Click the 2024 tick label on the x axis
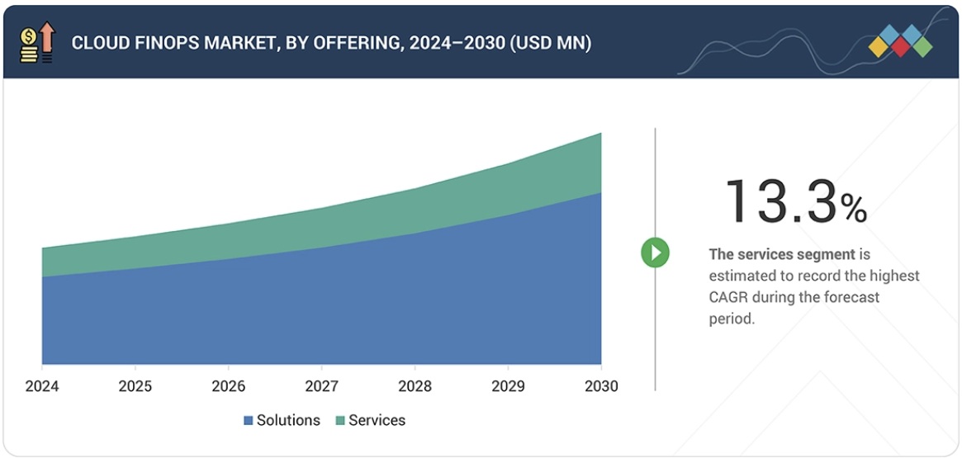[41, 386]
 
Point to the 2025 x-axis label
[135, 386]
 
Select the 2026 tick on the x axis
[228, 386]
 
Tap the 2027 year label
[321, 386]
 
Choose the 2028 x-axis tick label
[415, 386]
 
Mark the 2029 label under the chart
[507, 386]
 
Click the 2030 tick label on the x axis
[600, 386]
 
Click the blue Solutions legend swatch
[248, 421]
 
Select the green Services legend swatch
[339, 421]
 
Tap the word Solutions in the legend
[288, 420]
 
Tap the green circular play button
[656, 253]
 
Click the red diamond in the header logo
[901, 48]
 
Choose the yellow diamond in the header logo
[879, 48]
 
